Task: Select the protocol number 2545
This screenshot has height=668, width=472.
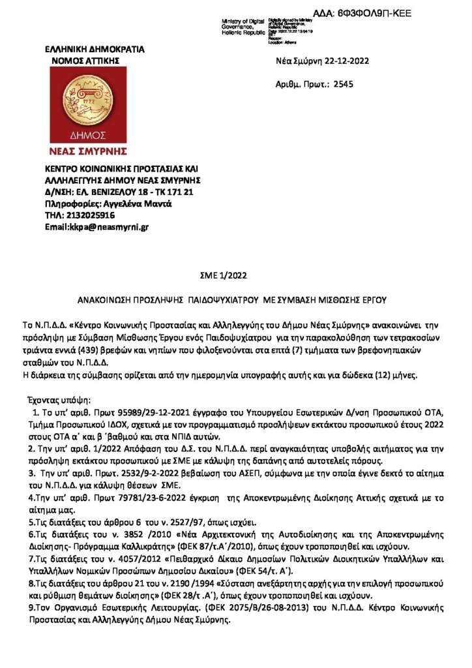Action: (343, 84)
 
